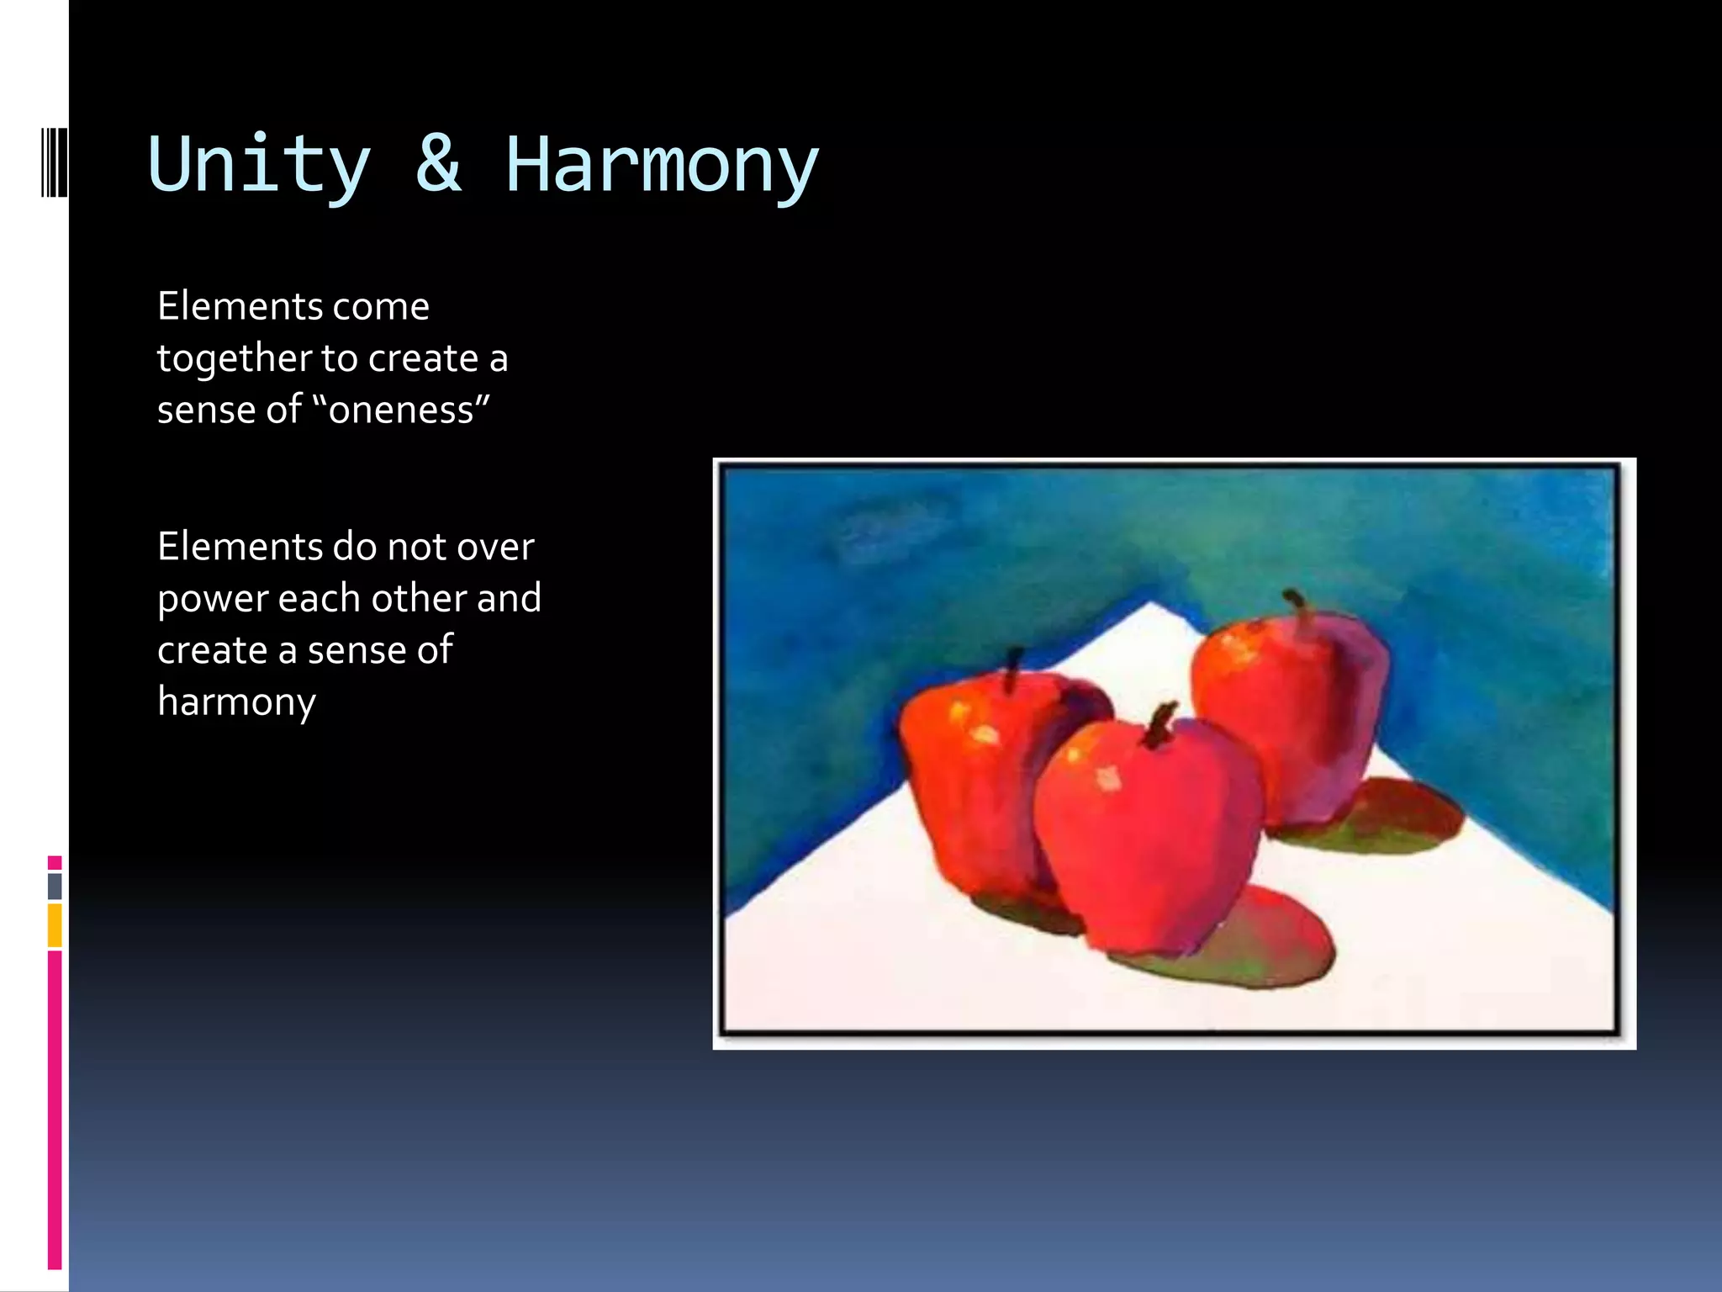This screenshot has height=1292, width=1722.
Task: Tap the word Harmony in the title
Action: click(661, 166)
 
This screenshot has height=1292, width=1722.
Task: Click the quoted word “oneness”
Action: click(401, 410)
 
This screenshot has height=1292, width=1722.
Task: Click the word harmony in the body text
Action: click(236, 702)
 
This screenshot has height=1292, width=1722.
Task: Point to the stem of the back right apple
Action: click(1298, 607)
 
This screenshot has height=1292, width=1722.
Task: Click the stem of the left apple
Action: click(1013, 669)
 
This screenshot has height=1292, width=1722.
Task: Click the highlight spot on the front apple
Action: click(1108, 778)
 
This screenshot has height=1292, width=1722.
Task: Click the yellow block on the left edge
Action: click(55, 925)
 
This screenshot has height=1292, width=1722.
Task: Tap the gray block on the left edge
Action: click(55, 886)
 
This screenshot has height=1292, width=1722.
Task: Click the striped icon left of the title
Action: click(55, 161)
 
